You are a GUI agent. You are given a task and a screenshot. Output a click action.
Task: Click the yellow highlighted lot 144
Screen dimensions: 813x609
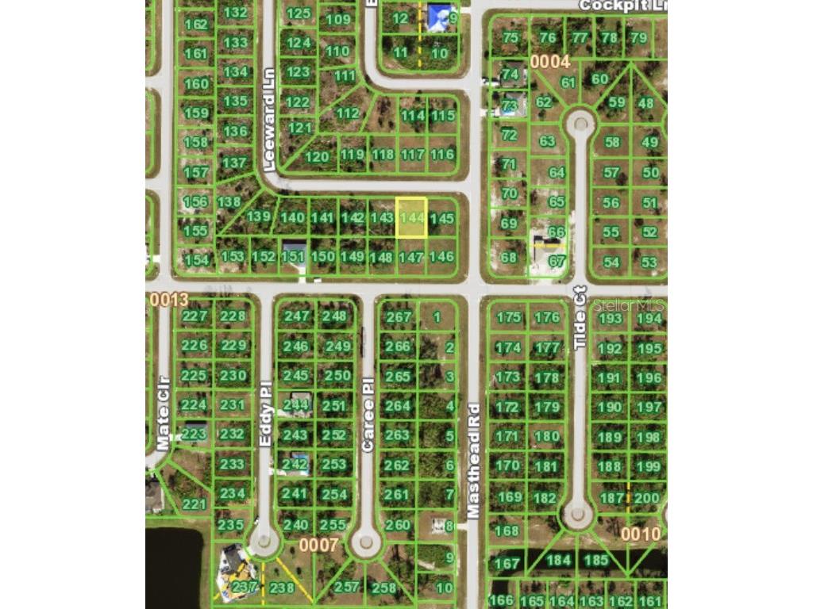click(411, 217)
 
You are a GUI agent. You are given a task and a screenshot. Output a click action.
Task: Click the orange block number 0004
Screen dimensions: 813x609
click(550, 61)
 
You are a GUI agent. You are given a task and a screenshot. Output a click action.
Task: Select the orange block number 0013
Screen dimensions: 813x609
click(168, 300)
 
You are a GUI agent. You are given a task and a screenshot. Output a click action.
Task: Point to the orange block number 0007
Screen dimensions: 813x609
click(319, 546)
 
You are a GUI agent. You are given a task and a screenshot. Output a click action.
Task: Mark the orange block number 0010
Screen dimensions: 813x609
click(640, 534)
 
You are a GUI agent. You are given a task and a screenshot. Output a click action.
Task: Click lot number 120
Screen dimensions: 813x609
click(317, 157)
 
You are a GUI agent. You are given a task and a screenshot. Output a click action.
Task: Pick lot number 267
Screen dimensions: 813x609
click(399, 317)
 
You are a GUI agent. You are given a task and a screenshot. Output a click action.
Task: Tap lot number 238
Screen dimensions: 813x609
click(282, 588)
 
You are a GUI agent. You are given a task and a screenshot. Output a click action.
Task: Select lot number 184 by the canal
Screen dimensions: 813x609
click(559, 561)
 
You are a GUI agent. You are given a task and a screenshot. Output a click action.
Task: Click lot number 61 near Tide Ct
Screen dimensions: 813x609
click(568, 82)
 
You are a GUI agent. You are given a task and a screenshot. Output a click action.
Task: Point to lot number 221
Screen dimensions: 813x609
click(194, 504)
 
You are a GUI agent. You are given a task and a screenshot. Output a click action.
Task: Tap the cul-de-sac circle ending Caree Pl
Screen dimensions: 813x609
click(365, 543)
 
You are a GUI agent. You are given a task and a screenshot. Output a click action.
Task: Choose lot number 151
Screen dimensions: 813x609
click(293, 256)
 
